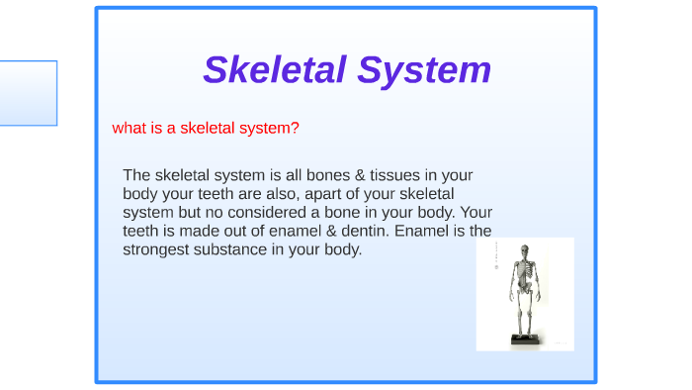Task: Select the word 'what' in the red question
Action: pyautogui.click(x=130, y=129)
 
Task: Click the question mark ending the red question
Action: pyautogui.click(x=296, y=129)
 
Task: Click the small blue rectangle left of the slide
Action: pyautogui.click(x=28, y=93)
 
